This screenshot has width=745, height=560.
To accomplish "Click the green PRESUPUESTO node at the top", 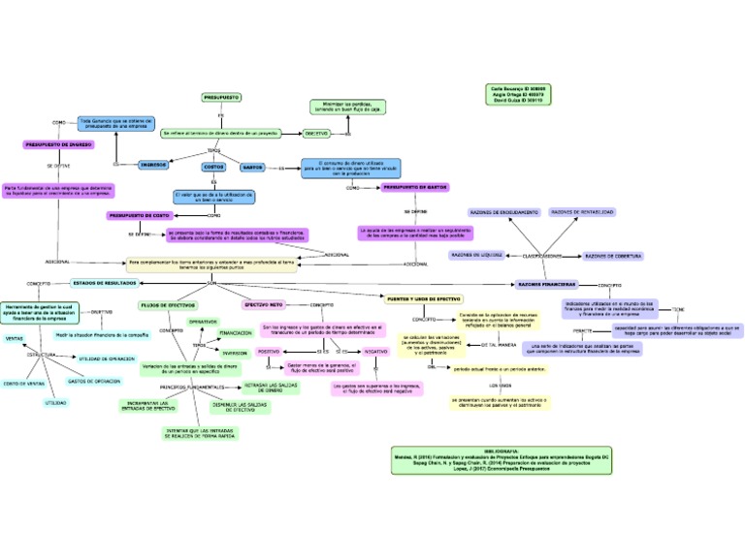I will click(x=221, y=98).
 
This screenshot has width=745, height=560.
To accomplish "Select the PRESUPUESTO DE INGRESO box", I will click(x=57, y=144).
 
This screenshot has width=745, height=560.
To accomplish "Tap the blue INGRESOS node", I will click(x=153, y=165).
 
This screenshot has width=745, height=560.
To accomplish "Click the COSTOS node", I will click(x=213, y=167).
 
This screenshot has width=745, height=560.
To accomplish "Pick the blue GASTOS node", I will click(x=252, y=167).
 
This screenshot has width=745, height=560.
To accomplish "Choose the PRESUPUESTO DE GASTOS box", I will click(x=414, y=186).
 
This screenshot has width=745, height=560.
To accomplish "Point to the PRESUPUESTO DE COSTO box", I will click(x=140, y=215).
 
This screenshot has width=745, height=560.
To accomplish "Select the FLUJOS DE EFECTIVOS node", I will click(x=168, y=305).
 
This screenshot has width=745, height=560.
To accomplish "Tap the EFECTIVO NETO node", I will click(x=263, y=305).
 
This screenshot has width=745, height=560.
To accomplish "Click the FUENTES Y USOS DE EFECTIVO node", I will click(x=424, y=298).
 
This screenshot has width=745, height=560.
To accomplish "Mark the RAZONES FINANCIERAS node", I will click(x=546, y=284).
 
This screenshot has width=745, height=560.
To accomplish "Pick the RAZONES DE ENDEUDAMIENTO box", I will click(x=503, y=211).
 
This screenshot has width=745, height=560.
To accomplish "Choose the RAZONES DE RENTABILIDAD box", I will click(x=581, y=211).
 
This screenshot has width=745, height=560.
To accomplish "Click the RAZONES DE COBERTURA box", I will click(x=613, y=256).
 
